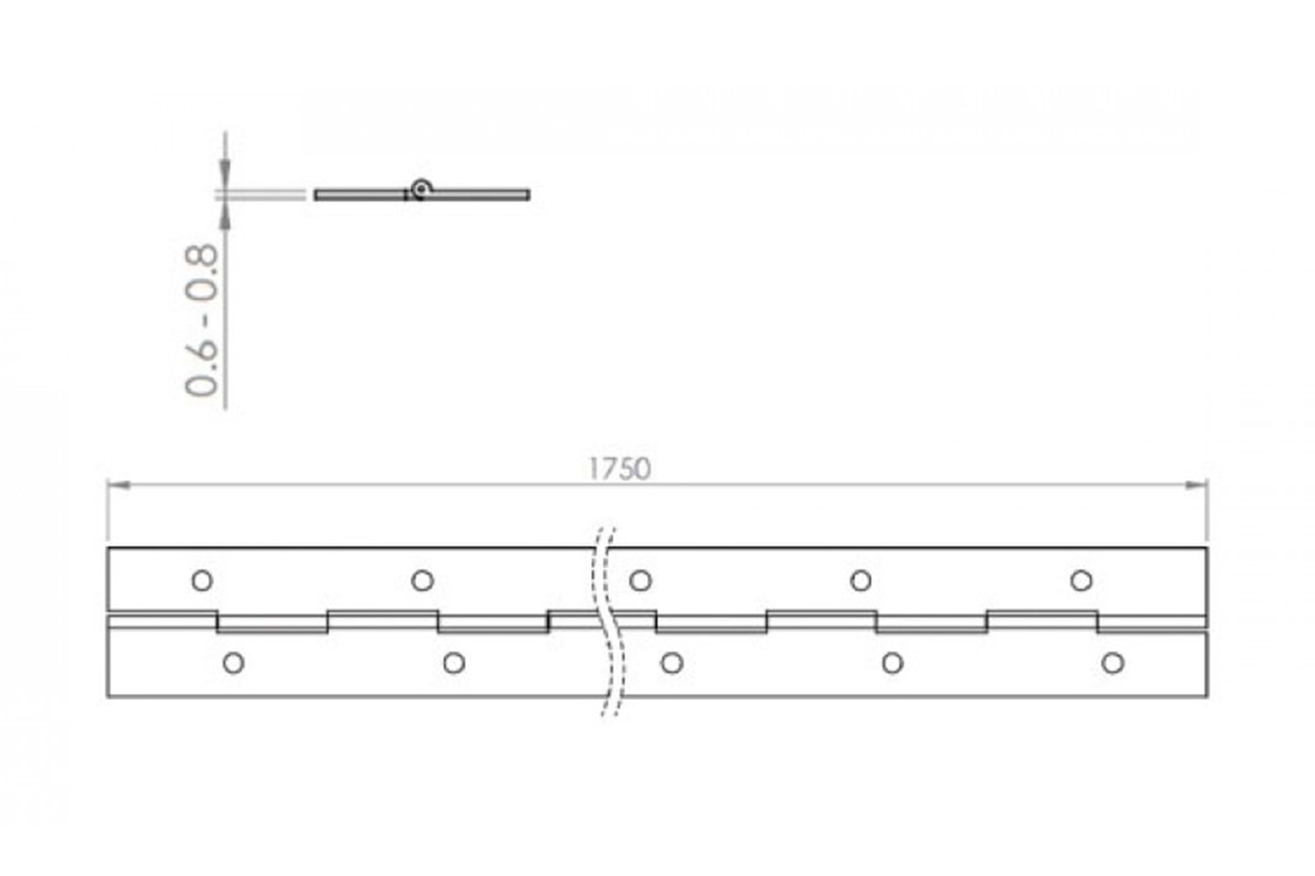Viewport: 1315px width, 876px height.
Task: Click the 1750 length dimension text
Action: [x=619, y=469]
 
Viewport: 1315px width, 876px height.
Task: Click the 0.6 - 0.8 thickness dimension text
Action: [x=202, y=320]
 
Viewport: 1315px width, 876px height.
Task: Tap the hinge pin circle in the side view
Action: [x=420, y=189]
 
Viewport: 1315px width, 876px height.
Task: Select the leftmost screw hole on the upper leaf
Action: [x=202, y=581]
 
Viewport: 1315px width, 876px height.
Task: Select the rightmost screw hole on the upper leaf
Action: [x=1081, y=581]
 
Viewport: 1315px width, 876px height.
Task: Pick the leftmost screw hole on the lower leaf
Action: [x=234, y=664]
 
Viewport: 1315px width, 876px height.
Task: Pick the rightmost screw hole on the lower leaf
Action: [x=1113, y=664]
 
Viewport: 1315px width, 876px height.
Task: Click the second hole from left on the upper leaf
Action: [x=422, y=581]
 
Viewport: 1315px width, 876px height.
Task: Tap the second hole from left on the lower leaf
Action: [x=454, y=664]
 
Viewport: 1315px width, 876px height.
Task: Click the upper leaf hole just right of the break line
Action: [x=641, y=581]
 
